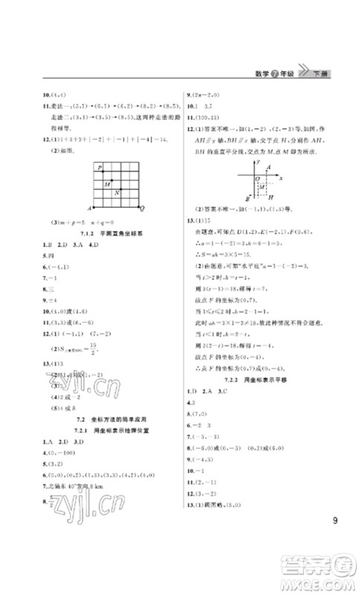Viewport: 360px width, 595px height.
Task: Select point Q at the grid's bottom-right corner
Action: tap(141, 208)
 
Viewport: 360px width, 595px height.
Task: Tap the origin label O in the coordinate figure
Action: tap(257, 178)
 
